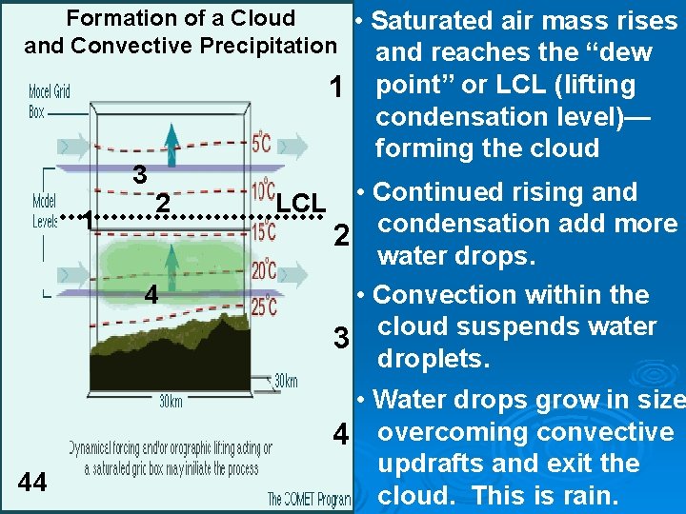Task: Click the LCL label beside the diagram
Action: (x=301, y=203)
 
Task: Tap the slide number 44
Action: (x=32, y=483)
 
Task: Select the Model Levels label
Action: (x=45, y=209)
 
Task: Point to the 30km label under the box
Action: (x=171, y=401)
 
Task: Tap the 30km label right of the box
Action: (x=285, y=381)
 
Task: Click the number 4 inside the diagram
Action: (x=151, y=294)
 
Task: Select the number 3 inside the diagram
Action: (x=139, y=175)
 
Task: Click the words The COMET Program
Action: (x=309, y=499)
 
